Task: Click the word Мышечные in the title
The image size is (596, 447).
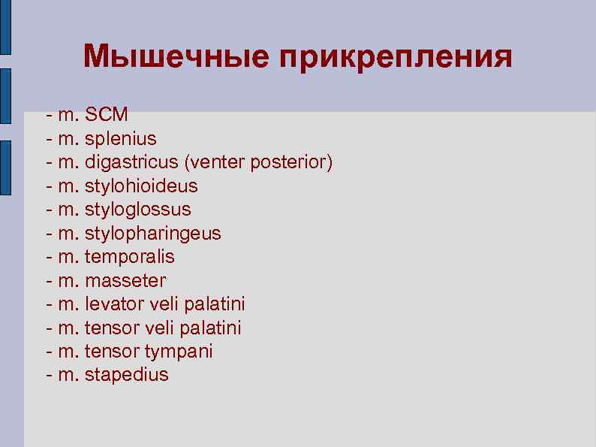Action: pos(176,56)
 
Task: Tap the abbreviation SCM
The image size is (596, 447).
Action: pos(107,115)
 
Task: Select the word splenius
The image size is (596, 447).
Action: pos(121,139)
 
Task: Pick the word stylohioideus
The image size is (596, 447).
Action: pos(141,186)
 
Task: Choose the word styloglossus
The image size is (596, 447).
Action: pos(138,209)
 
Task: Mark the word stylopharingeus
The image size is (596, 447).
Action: pos(153,233)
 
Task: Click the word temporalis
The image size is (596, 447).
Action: pos(130,256)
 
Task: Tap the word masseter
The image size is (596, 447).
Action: pos(125,280)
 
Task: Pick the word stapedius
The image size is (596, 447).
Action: pos(127,374)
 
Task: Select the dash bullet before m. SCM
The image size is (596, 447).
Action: pos(49,116)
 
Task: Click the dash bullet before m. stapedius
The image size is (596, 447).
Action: pos(49,375)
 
